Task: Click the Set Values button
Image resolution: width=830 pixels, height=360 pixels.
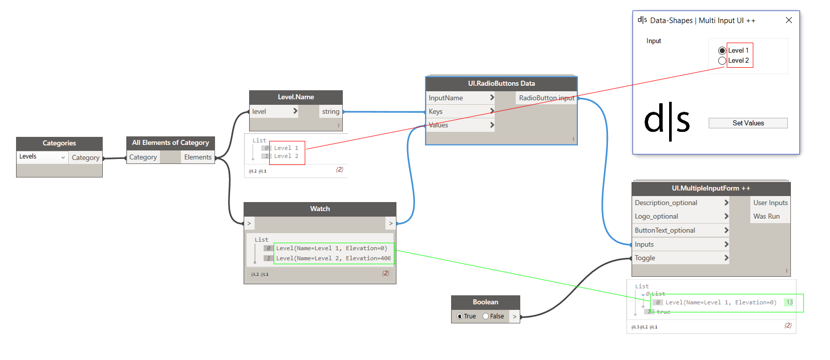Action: click(748, 123)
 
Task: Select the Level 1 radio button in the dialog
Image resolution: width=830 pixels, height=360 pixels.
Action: click(722, 51)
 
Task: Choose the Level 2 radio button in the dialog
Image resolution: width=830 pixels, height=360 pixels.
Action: click(722, 61)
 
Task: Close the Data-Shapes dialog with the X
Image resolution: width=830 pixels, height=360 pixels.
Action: click(788, 20)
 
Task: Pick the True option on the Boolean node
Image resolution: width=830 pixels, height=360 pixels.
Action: click(460, 316)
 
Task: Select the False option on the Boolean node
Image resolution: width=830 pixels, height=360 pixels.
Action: click(486, 316)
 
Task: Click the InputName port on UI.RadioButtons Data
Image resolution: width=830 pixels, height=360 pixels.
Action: click(460, 98)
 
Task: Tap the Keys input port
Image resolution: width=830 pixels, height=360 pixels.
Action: click(460, 111)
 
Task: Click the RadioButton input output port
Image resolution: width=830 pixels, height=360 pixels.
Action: click(546, 98)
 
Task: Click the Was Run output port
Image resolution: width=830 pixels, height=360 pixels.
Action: click(766, 216)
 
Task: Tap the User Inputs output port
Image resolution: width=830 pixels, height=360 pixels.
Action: click(770, 203)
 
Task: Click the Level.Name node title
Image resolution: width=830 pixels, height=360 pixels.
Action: click(296, 97)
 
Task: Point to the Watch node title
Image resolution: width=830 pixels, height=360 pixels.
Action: click(320, 209)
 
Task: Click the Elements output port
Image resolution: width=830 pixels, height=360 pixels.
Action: click(197, 157)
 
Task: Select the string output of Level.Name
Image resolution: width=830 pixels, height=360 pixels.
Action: click(330, 111)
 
